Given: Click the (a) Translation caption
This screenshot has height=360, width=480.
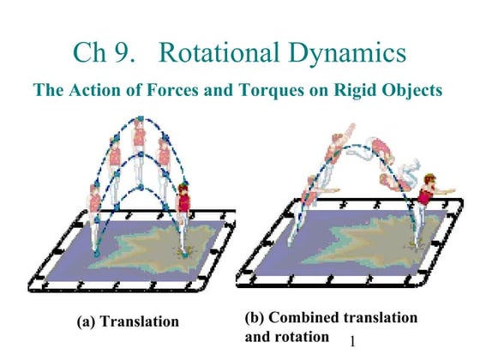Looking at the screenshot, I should (x=128, y=321).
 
